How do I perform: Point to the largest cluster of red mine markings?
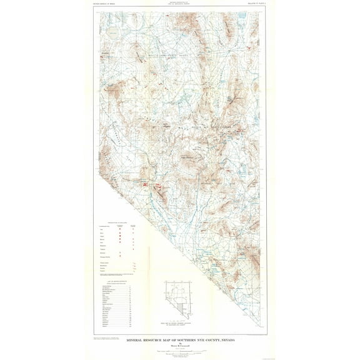(145, 185)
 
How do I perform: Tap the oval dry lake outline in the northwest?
(113, 31)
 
